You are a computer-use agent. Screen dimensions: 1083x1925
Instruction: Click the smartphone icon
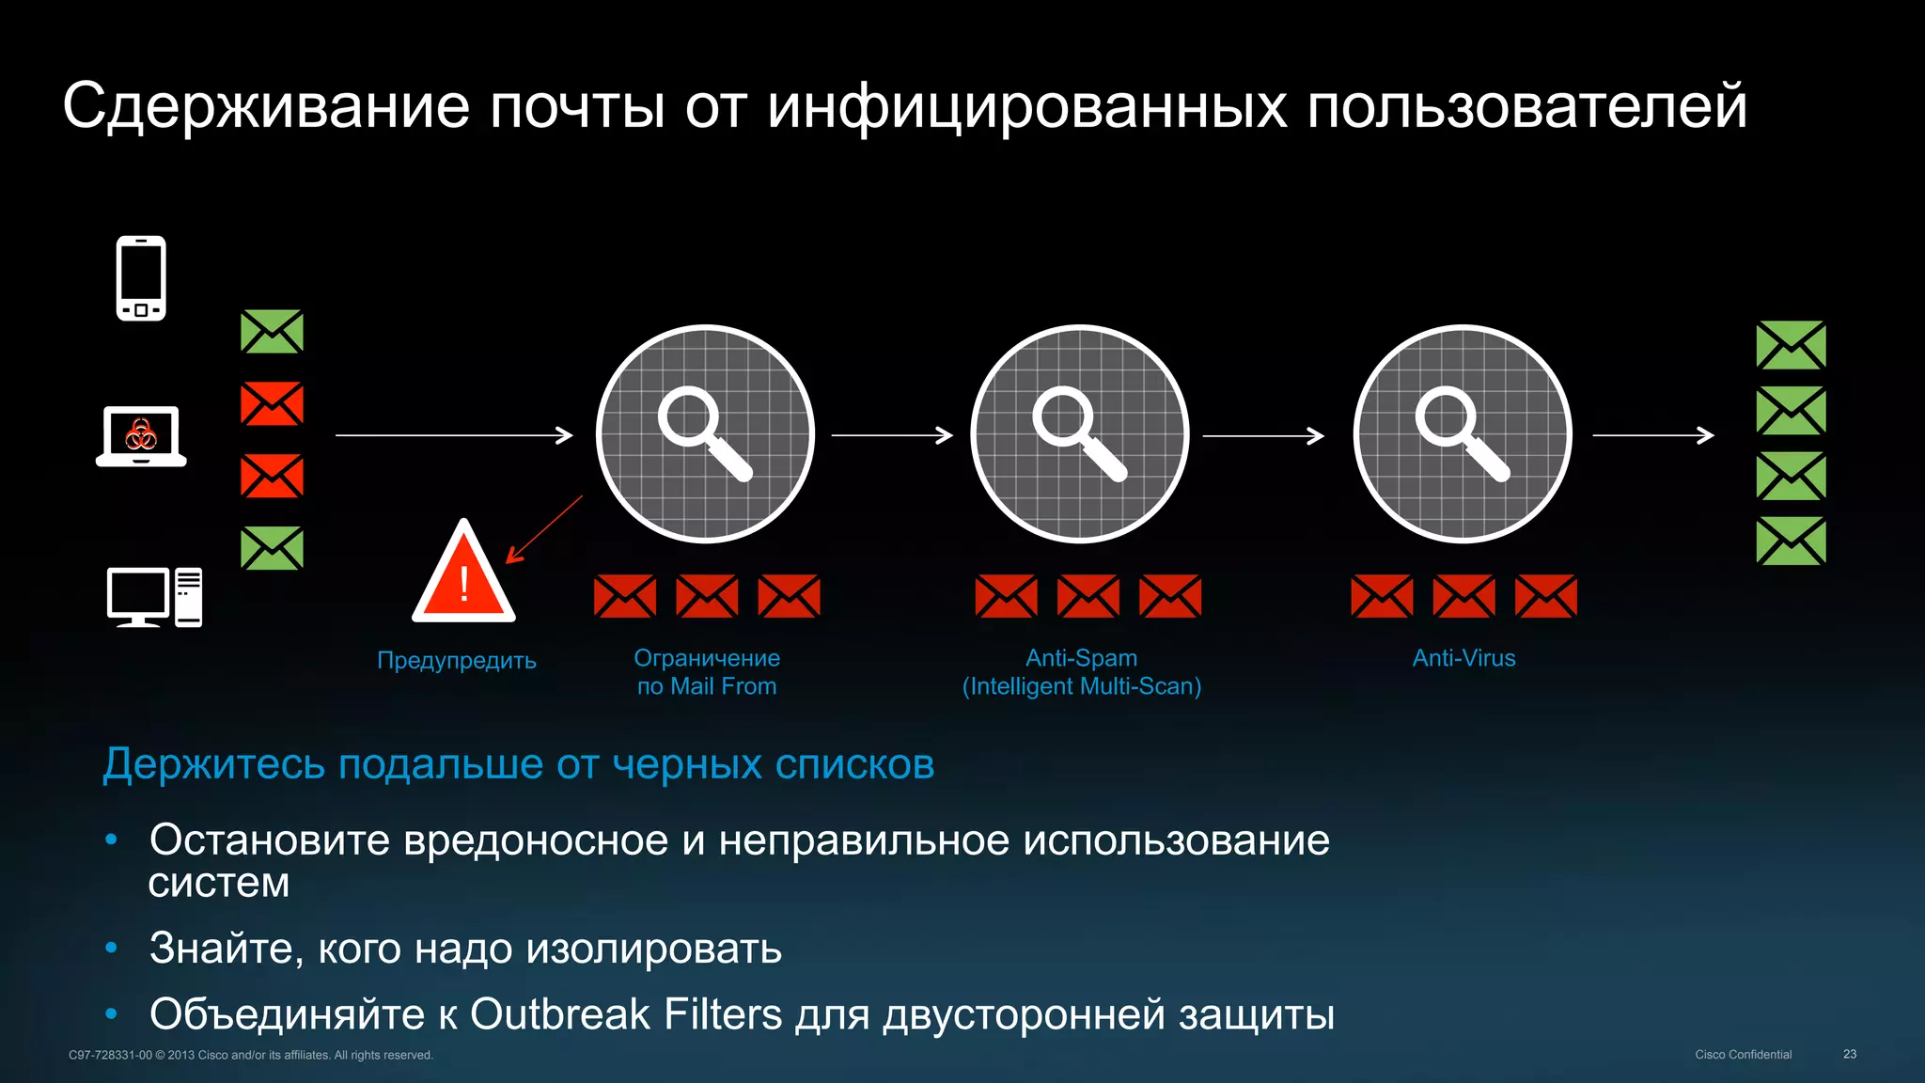(x=141, y=278)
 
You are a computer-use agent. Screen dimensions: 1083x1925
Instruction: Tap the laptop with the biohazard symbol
(x=141, y=436)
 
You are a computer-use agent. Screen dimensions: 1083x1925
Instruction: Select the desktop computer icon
(x=154, y=596)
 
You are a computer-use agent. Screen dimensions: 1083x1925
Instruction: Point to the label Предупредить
(x=457, y=660)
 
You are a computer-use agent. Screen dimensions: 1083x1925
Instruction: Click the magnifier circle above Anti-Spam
(x=1080, y=433)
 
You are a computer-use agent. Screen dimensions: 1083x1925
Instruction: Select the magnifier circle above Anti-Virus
(x=1463, y=433)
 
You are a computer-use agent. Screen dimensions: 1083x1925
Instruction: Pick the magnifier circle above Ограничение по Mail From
(x=705, y=433)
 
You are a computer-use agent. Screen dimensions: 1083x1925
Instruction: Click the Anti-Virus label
(x=1463, y=658)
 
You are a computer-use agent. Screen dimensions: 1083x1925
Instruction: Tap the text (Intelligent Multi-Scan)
(x=1081, y=686)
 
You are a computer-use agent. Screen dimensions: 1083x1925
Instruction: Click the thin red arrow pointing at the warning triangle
(x=545, y=528)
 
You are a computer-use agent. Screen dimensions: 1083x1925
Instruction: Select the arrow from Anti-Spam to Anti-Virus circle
(x=1263, y=435)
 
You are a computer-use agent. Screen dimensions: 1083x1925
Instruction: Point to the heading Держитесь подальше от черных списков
(x=518, y=763)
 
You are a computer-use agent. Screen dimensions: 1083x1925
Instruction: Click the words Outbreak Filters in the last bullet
(x=625, y=1014)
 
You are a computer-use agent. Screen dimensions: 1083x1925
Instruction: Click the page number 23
(x=1849, y=1054)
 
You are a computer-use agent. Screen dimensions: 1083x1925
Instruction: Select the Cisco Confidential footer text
(x=1743, y=1054)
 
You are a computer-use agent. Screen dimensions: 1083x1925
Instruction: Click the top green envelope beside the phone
(x=272, y=332)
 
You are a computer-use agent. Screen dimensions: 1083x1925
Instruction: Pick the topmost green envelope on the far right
(x=1791, y=345)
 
